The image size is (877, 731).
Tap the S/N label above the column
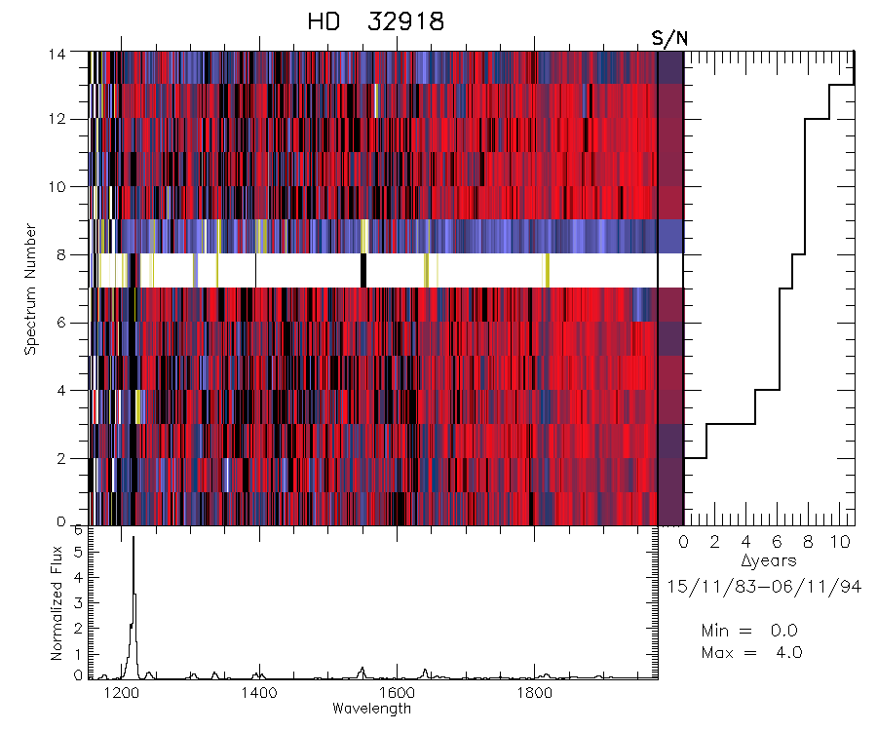[x=669, y=38]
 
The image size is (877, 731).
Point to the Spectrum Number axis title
[x=31, y=289]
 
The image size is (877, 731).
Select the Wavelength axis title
[x=371, y=709]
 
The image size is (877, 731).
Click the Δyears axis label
[x=768, y=560]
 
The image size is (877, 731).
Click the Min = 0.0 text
[x=751, y=631]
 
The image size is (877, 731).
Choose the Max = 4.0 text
[x=751, y=652]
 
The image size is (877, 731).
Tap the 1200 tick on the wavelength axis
[x=122, y=694]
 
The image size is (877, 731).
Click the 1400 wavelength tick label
[x=259, y=694]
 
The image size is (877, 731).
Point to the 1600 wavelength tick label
[x=397, y=694]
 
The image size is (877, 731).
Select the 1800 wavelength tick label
[x=534, y=694]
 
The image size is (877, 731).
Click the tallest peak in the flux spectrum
[x=133, y=538]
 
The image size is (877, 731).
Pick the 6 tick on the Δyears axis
[x=780, y=541]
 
